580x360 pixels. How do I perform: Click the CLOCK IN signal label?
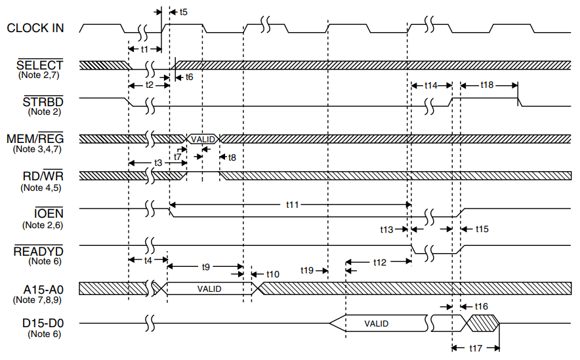click(x=37, y=28)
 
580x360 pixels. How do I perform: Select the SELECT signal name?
click(x=39, y=66)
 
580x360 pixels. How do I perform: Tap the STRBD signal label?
click(x=43, y=102)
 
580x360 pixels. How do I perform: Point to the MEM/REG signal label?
click(x=39, y=139)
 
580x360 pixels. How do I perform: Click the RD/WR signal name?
click(x=41, y=176)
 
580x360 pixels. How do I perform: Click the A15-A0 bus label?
click(x=41, y=288)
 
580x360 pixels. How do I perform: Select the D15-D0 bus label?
click(x=41, y=323)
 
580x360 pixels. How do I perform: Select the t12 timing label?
click(x=380, y=262)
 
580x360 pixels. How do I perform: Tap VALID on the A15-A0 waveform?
click(x=209, y=289)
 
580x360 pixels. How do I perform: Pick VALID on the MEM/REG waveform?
click(x=203, y=139)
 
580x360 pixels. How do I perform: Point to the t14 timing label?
click(x=430, y=85)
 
